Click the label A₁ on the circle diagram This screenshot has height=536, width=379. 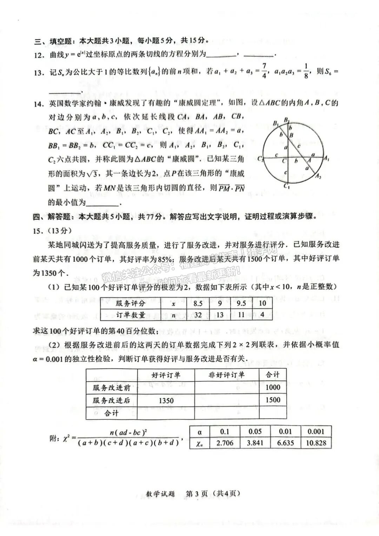click(x=326, y=159)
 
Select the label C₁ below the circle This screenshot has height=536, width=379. click(x=287, y=186)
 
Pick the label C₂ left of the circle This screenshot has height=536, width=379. click(x=260, y=159)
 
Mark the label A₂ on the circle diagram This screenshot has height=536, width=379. click(x=318, y=176)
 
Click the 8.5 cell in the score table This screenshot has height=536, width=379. click(x=198, y=303)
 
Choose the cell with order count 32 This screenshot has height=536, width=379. click(x=198, y=315)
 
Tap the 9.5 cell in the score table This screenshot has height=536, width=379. click(x=241, y=303)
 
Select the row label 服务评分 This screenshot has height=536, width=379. click(x=130, y=303)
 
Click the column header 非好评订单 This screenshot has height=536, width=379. click(x=226, y=375)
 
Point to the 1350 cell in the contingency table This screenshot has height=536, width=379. click(x=166, y=400)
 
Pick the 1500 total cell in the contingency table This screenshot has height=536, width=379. click(x=273, y=400)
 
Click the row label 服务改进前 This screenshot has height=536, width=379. click(x=111, y=388)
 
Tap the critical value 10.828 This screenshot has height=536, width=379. click(x=316, y=443)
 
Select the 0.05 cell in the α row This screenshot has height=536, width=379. click(x=255, y=431)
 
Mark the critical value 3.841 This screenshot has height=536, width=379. click(x=255, y=443)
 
